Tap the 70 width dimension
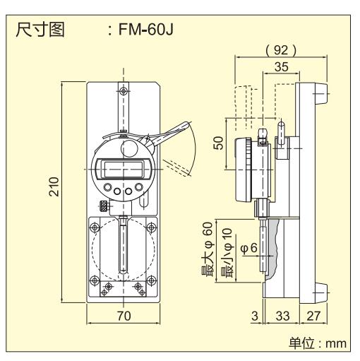click(123, 316)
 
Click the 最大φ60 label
click(208, 249)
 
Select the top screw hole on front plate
click(124, 91)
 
